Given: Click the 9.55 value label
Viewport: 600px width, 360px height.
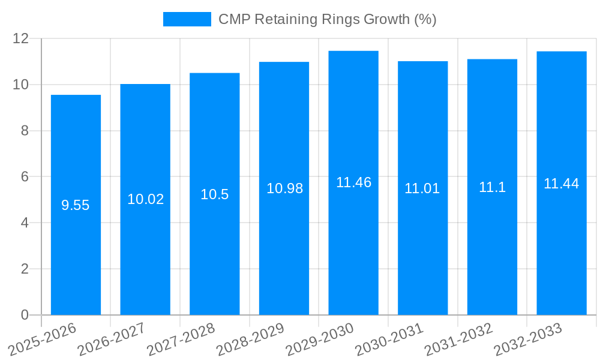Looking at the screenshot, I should tap(76, 205).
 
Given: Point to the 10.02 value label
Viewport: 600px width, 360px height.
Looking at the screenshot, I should tap(145, 199).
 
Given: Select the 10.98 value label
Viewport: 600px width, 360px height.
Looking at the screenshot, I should tap(284, 188).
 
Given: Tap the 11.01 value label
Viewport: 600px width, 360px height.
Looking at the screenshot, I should tap(422, 188).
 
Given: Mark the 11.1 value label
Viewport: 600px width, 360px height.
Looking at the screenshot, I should tap(492, 187).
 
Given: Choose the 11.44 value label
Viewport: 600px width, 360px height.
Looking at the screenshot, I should tap(562, 184).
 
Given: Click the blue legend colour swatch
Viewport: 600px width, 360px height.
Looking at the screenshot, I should tap(187, 19).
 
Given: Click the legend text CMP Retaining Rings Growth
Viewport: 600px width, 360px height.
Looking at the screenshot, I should tap(327, 19).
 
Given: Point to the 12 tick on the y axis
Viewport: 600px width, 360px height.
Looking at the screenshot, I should tap(21, 38).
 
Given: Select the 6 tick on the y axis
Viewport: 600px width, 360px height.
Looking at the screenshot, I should tap(25, 177).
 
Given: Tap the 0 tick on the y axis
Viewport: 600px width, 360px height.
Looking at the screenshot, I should tap(25, 315).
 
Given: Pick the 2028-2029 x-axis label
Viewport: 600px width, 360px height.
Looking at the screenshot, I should tap(250, 339).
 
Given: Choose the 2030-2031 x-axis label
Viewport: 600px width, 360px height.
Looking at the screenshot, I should tap(389, 339).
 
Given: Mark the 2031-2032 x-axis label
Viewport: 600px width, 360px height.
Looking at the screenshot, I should tap(458, 339).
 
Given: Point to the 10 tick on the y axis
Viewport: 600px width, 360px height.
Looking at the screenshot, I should tap(21, 85).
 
